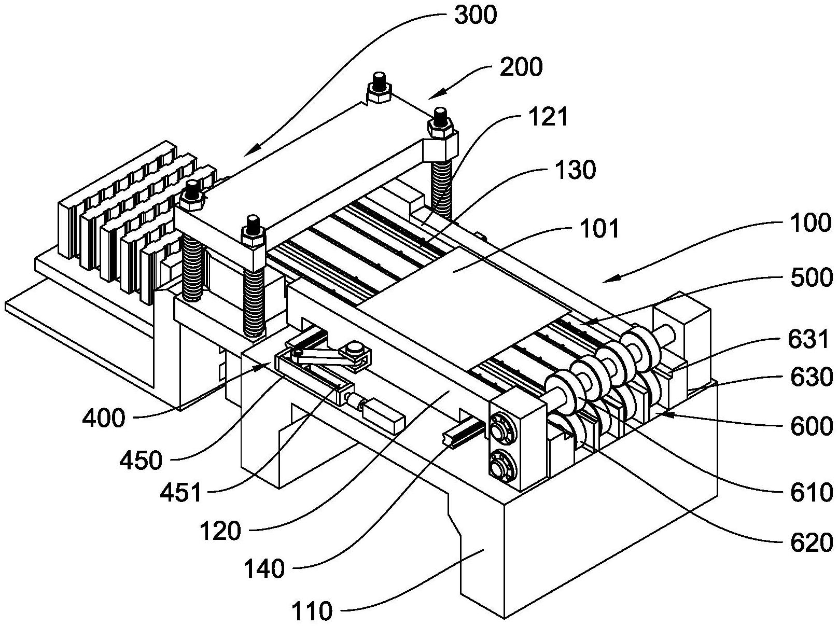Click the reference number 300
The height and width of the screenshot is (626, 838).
[x=475, y=16]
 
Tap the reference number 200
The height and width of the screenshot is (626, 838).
[x=521, y=67]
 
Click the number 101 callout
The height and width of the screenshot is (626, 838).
[x=599, y=229]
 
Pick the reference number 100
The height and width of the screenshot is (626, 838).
[x=811, y=223]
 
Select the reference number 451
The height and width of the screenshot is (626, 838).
[x=181, y=491]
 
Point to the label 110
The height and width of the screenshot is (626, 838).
[x=311, y=611]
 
